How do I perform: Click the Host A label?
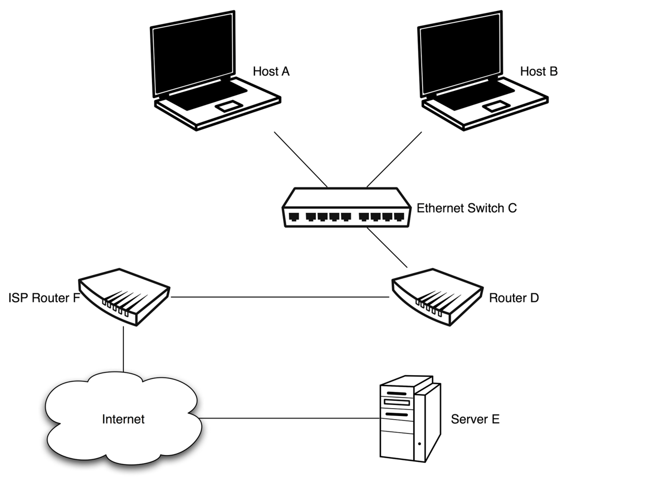click(271, 72)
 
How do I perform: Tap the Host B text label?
click(539, 72)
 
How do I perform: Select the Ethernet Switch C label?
click(466, 208)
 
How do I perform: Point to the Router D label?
click(513, 298)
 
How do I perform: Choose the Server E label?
click(475, 419)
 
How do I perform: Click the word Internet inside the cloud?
click(123, 419)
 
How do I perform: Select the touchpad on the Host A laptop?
click(229, 106)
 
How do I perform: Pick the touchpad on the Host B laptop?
click(496, 106)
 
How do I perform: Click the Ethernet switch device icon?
click(346, 208)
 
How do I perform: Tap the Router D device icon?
click(437, 296)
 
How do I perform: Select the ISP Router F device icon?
click(124, 296)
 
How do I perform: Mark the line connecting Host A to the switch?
click(300, 159)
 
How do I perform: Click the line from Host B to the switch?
click(394, 159)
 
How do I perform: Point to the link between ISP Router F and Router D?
click(280, 297)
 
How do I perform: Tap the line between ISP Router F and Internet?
click(123, 349)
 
